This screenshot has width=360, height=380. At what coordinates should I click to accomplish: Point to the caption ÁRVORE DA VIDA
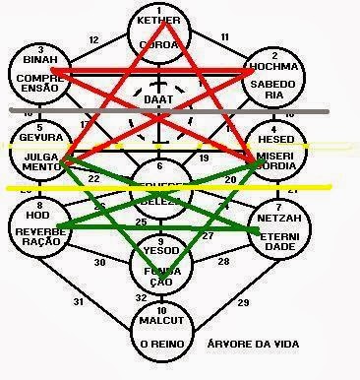258,346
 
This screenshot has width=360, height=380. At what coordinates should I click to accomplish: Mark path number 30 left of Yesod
99,263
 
